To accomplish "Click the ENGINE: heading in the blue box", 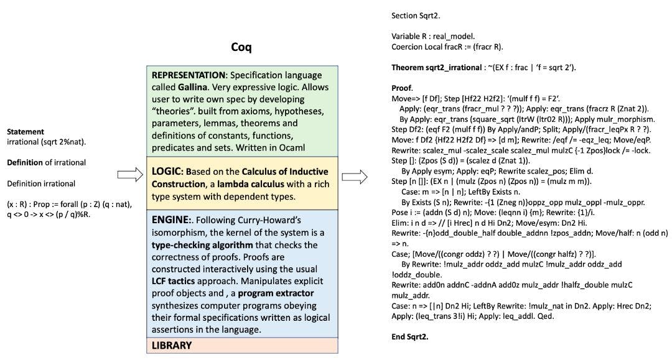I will (172, 220).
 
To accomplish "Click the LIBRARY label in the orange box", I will (172, 345).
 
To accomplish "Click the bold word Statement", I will (26, 132).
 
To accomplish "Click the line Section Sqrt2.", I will (415, 15).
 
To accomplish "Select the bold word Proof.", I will (403, 88).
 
